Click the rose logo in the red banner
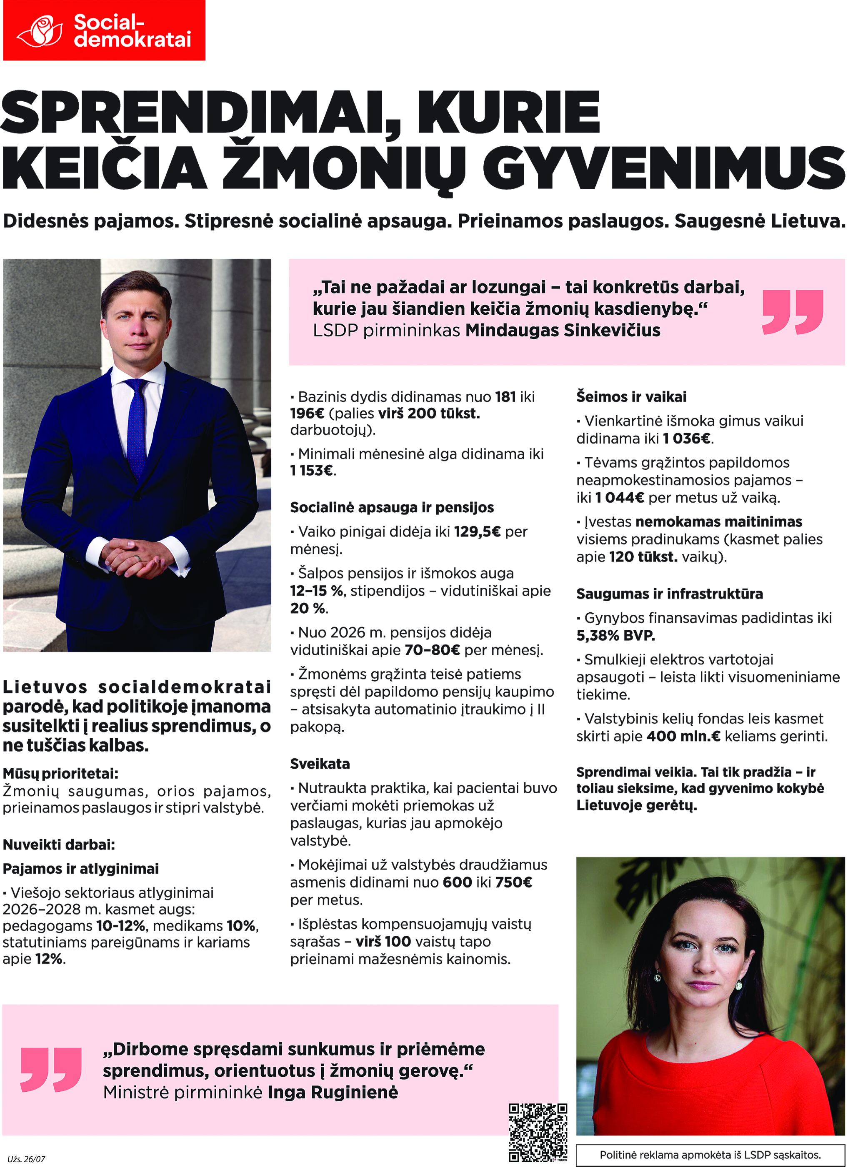coord(40,31)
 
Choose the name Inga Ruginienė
coord(333,1092)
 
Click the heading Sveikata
coord(320,764)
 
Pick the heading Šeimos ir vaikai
coord(631,397)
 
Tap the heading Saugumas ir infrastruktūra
coord(669,594)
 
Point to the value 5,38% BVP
coord(615,635)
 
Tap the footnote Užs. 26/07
coord(26,1159)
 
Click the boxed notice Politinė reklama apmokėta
coord(710,1155)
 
